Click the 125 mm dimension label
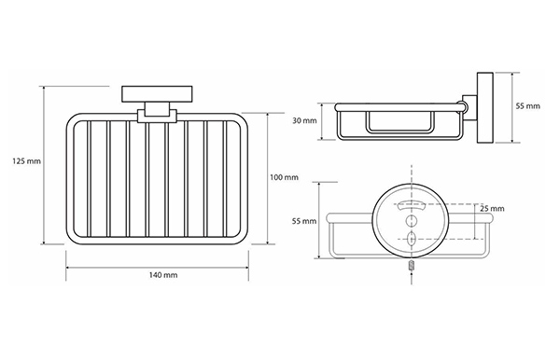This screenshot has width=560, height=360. (27, 161)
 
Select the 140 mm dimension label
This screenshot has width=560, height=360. (163, 275)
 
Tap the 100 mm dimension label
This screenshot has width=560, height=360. (284, 177)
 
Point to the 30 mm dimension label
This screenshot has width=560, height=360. (304, 120)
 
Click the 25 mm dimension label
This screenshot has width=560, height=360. (492, 208)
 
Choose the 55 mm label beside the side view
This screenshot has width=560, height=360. (528, 106)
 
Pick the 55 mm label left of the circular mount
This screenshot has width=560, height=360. (304, 221)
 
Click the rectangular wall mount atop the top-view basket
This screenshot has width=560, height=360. (157, 94)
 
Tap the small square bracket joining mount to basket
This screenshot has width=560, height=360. (157, 113)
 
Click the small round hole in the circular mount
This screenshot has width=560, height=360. (412, 221)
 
